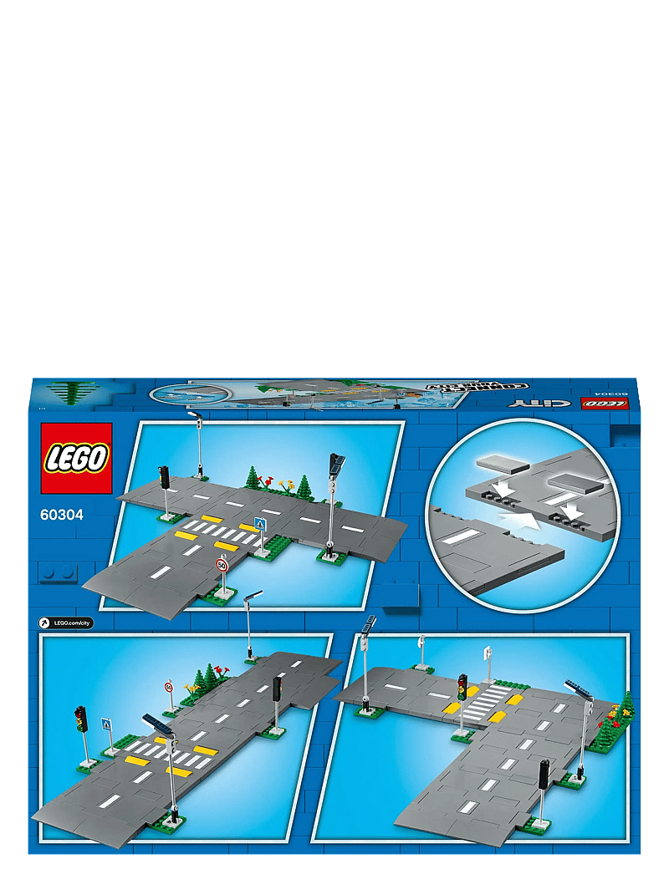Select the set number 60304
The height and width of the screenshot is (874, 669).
point(61,515)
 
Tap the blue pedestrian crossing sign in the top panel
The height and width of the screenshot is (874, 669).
point(260,526)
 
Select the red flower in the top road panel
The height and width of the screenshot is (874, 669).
point(270,481)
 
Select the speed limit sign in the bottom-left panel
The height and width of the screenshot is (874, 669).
point(169,687)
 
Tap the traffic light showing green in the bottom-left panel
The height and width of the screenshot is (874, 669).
point(81,718)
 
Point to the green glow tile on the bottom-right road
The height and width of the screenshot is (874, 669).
point(471,806)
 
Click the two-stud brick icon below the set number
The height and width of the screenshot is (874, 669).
point(58,573)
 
